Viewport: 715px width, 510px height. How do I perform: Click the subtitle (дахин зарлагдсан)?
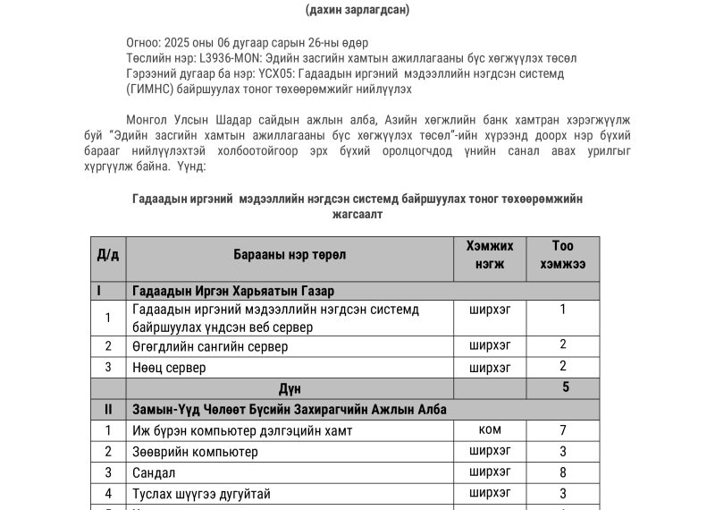point(357,10)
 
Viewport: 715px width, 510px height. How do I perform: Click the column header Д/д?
point(108,255)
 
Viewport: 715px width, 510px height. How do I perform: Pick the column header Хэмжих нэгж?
point(490,255)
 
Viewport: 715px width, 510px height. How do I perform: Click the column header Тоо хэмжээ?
point(562,255)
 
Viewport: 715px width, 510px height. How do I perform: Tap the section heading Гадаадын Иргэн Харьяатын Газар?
point(233,292)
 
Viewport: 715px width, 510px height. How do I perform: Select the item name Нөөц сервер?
point(169,368)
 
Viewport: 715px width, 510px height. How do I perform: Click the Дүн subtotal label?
point(290,388)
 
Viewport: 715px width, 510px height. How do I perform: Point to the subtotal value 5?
point(565,387)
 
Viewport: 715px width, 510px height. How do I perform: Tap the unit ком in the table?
point(490,430)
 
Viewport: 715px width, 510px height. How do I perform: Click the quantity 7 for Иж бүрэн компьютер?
point(563,430)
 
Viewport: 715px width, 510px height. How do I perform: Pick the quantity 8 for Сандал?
point(563,472)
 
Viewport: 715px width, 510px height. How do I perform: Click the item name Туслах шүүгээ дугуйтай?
point(200,494)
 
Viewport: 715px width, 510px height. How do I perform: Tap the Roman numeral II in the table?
point(108,409)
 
